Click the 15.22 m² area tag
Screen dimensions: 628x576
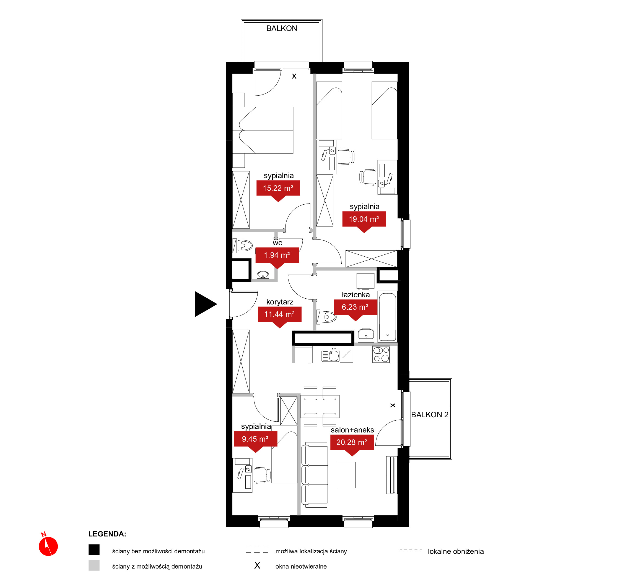pyautogui.click(x=278, y=189)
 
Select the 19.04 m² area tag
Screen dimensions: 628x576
pyautogui.click(x=364, y=220)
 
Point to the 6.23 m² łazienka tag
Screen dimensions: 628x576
pyautogui.click(x=355, y=308)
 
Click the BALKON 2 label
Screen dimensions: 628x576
pyautogui.click(x=429, y=415)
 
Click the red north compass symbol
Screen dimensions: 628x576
pyautogui.click(x=48, y=546)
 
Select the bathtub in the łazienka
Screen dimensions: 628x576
pyautogui.click(x=387, y=317)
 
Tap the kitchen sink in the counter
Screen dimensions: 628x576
pyautogui.click(x=331, y=355)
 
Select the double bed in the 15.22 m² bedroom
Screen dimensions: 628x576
pyautogui.click(x=263, y=130)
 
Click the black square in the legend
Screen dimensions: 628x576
pyautogui.click(x=94, y=550)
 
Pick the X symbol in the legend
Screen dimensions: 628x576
pyautogui.click(x=257, y=565)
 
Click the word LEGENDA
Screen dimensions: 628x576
pyautogui.click(x=107, y=534)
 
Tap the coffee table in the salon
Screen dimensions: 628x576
pyautogui.click(x=346, y=475)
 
